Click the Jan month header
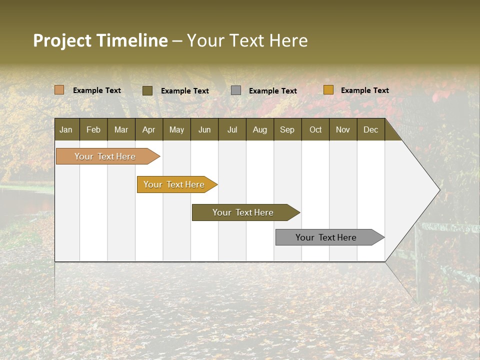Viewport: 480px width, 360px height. pos(66,129)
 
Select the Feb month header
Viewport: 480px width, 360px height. pos(93,129)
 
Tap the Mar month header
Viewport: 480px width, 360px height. pos(121,129)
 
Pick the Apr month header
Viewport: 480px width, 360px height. pos(149,129)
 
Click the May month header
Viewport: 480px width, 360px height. pos(176,129)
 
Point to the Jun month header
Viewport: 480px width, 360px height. pos(204,129)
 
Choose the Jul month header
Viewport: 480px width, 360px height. pos(232,129)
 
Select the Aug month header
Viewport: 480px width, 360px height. pos(260,129)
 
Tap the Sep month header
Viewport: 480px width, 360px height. pos(287,129)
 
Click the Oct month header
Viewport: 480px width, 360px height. pos(315,129)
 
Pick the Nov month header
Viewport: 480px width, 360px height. pos(343,129)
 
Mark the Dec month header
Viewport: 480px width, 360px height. pos(371,129)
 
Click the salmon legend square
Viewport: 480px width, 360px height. pos(59,90)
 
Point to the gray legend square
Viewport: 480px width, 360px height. pos(236,90)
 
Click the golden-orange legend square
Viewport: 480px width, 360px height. pos(328,90)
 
